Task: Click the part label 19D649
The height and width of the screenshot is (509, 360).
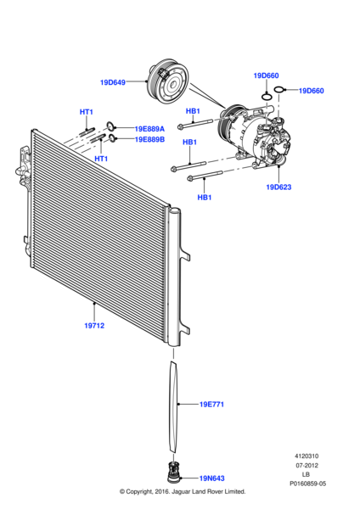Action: click(112, 82)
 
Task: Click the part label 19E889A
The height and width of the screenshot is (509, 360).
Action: click(149, 129)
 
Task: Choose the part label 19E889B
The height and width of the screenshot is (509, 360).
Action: click(149, 139)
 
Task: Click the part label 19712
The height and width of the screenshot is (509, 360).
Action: click(94, 325)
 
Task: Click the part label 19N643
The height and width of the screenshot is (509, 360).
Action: click(211, 478)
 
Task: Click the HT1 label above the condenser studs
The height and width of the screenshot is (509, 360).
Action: click(87, 112)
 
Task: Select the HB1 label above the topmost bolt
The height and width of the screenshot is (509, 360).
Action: click(193, 111)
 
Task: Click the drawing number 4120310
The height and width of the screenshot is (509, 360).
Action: click(307, 454)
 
